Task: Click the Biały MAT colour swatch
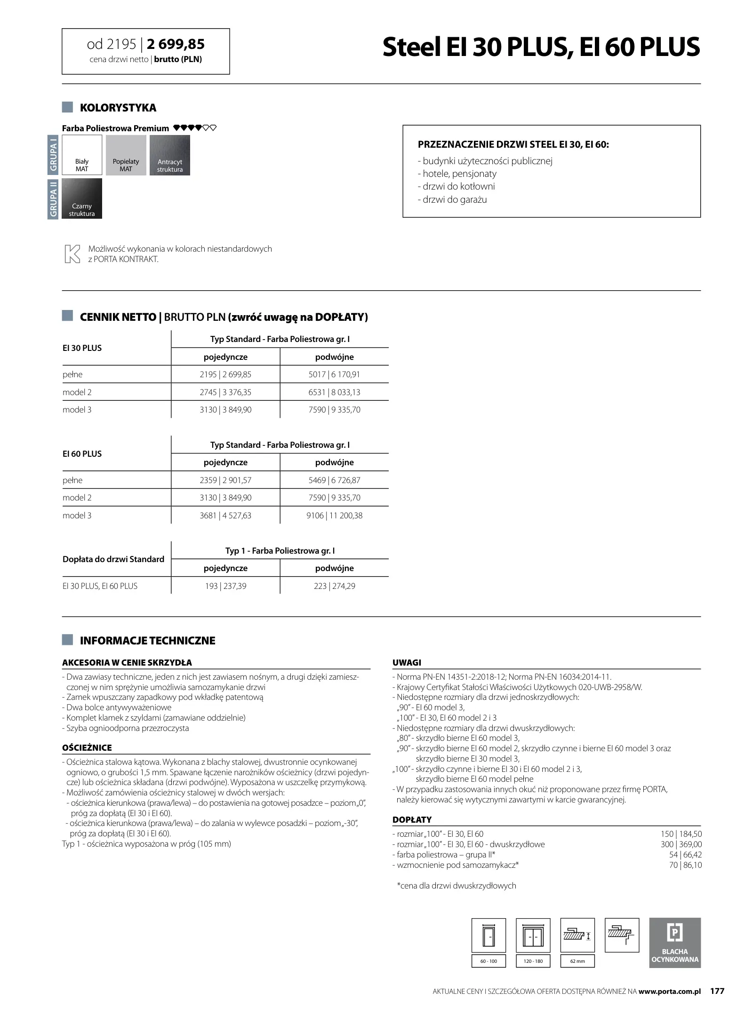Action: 82,155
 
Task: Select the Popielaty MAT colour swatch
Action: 126,155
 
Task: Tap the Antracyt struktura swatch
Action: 169,155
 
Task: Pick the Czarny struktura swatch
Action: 82,198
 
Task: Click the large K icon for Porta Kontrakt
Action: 72,254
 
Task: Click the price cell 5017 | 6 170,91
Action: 334,374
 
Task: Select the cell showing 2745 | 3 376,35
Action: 225,392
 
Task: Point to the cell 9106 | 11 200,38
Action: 334,516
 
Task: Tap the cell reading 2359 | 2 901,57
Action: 225,480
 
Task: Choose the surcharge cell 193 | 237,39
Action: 225,586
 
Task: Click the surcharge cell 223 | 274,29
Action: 334,586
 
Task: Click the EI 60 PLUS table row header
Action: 82,454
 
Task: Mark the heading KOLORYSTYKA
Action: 118,108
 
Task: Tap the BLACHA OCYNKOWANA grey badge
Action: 674,943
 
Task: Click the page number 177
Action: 717,991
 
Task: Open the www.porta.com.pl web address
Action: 670,992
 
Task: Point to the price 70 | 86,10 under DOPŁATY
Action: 685,865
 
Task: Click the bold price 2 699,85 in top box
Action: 176,44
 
